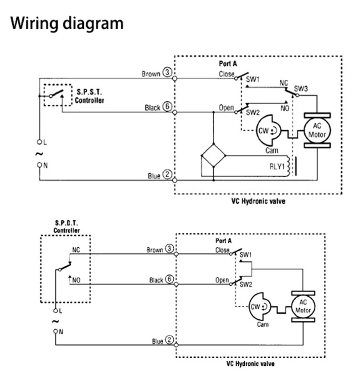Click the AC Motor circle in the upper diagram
pyautogui.click(x=317, y=130)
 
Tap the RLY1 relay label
pyautogui.click(x=276, y=167)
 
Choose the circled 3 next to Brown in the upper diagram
pyautogui.click(x=167, y=73)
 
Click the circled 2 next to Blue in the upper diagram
pyautogui.click(x=167, y=175)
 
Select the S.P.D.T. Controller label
pyautogui.click(x=67, y=227)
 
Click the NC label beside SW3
pyautogui.click(x=284, y=84)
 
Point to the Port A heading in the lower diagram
pyautogui.click(x=223, y=240)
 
